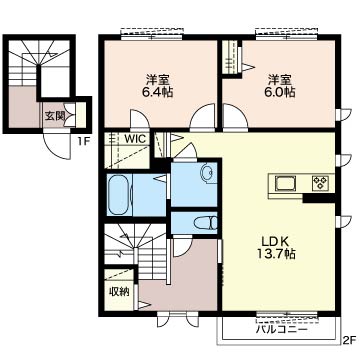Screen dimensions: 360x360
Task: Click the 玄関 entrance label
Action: (54, 116)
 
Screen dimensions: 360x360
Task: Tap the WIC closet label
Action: (135, 139)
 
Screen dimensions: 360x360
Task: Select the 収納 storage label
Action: (119, 292)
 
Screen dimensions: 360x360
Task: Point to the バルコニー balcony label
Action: (282, 330)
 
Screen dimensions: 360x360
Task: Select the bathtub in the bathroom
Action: (118, 195)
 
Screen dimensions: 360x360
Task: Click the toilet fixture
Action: (206, 223)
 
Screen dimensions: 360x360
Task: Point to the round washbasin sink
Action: (207, 172)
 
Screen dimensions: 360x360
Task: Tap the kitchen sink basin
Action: (286, 183)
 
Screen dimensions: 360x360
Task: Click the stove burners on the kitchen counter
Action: (320, 183)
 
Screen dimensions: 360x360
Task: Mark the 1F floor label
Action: (84, 141)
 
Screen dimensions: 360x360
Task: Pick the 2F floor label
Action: (350, 340)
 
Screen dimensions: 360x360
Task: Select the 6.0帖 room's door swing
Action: (235, 117)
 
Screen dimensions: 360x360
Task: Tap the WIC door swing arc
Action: (139, 119)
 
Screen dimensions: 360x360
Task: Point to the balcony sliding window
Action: (286, 315)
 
